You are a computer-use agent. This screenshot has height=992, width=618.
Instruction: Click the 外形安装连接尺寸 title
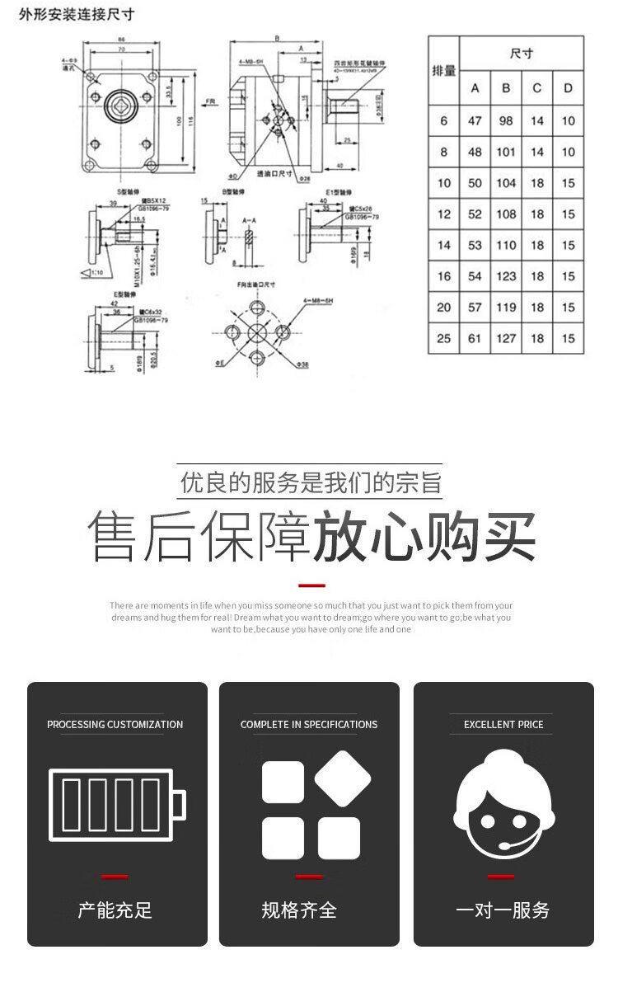tap(76, 14)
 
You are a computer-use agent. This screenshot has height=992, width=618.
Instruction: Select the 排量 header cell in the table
tap(444, 70)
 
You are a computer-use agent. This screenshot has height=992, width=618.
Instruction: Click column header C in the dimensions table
tap(537, 88)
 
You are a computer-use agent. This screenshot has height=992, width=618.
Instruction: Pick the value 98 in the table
tap(506, 120)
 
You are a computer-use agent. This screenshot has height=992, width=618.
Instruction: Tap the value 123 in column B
tap(506, 276)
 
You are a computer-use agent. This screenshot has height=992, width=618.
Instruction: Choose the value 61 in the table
tap(475, 338)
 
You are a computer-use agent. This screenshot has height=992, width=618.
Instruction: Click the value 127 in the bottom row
tap(506, 338)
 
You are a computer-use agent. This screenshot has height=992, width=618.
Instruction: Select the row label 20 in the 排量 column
tap(444, 307)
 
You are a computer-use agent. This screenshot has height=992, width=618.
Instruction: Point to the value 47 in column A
tap(475, 120)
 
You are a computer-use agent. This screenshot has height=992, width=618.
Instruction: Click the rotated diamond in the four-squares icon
tap(342, 778)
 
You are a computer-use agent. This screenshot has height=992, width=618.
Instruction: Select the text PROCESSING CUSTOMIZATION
tap(115, 725)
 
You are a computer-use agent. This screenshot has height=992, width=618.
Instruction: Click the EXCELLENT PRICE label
tap(503, 725)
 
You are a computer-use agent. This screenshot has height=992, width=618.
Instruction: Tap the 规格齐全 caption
tap(299, 910)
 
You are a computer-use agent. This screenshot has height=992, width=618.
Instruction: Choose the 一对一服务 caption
tap(503, 910)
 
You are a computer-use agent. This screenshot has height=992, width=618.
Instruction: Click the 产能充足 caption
tap(115, 910)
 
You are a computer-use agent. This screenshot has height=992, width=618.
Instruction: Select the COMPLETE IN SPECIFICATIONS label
tap(309, 725)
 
